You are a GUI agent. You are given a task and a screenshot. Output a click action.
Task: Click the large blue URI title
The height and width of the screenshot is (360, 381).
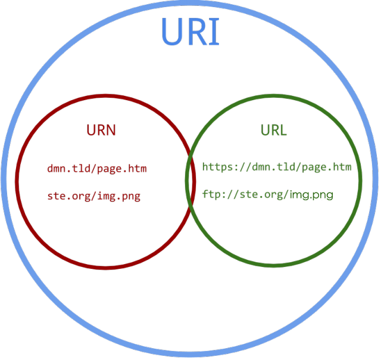click(190, 33)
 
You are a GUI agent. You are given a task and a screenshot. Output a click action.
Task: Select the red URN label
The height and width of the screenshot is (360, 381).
click(101, 130)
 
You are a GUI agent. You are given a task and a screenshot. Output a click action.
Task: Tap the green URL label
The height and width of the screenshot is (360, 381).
click(274, 130)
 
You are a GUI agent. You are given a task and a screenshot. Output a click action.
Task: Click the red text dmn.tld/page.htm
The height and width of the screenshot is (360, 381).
click(97, 169)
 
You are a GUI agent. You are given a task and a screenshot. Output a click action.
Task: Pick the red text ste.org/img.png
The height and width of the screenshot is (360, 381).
click(94, 196)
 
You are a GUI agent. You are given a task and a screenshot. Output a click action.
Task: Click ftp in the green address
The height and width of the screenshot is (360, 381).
click(210, 194)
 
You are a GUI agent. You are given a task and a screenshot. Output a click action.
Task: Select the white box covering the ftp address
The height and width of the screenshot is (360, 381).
click(316, 194)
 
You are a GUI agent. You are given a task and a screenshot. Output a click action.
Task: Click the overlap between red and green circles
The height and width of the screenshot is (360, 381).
click(190, 179)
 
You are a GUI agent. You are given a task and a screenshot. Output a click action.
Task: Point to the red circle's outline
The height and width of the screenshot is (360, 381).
click(17, 179)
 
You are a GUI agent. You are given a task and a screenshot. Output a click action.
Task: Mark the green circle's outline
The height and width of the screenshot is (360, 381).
click(361, 179)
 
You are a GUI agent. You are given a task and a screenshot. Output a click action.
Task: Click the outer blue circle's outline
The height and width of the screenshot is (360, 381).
click(4, 179)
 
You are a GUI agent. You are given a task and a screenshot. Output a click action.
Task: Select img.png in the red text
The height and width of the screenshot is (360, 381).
click(120, 196)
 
